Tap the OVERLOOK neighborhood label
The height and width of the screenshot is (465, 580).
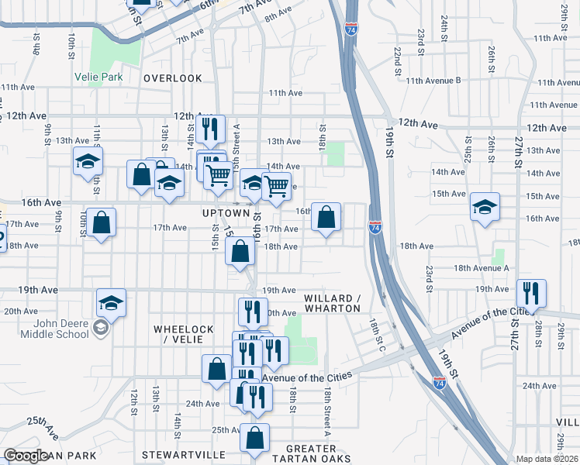(x=172, y=78)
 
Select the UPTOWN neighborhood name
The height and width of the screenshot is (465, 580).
(x=226, y=212)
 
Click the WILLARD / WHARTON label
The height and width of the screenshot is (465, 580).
(x=333, y=303)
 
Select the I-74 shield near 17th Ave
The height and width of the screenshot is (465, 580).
(x=375, y=227)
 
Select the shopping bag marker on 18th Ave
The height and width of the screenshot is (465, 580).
(x=240, y=250)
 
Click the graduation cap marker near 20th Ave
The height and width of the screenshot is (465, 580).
(x=111, y=302)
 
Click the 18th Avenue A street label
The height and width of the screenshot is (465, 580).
(x=481, y=267)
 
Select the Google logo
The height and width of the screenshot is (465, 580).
(x=26, y=456)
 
